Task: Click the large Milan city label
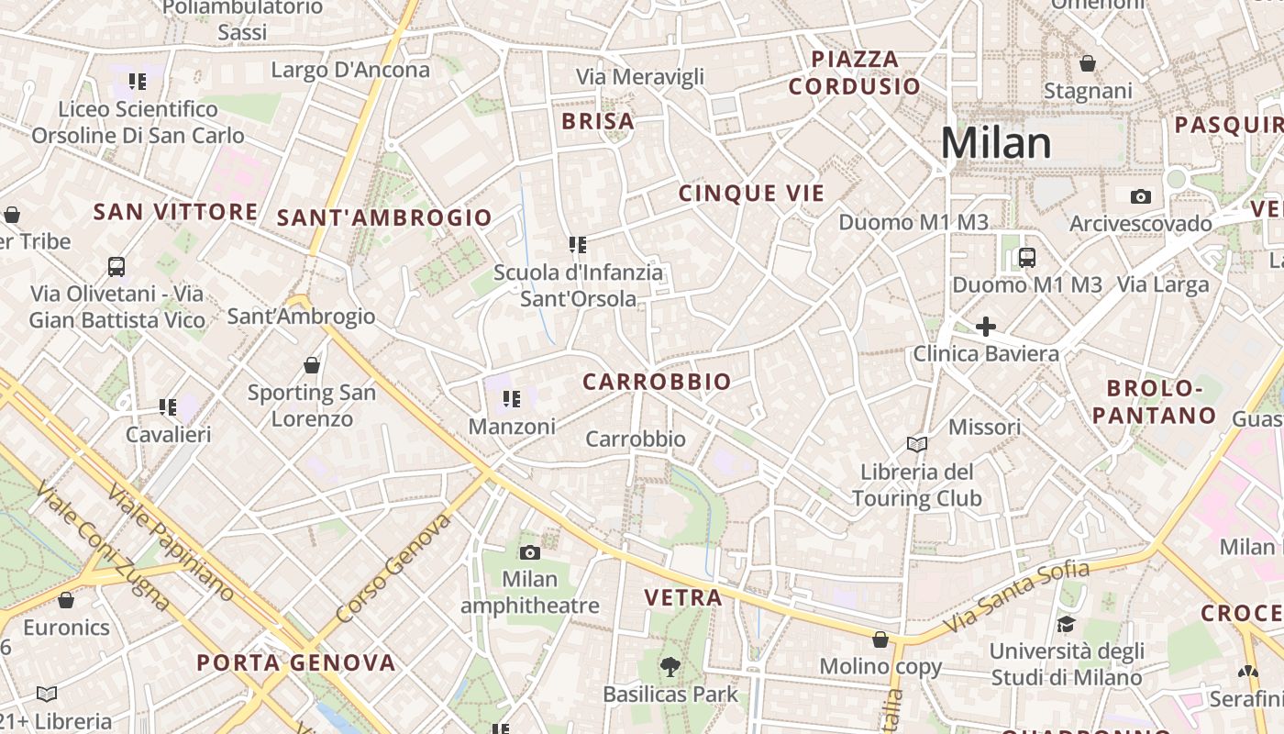pyautogui.click(x=996, y=143)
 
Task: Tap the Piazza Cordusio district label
pyautogui.click(x=855, y=72)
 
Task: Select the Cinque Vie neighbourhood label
pyautogui.click(x=751, y=193)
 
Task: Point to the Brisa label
pyautogui.click(x=598, y=121)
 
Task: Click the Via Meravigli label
pyautogui.click(x=640, y=76)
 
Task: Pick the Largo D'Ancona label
pyautogui.click(x=350, y=70)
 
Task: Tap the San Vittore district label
pyautogui.click(x=176, y=212)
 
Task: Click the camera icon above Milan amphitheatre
pyautogui.click(x=529, y=552)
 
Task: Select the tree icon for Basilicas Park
pyautogui.click(x=670, y=667)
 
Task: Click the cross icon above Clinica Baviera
pyautogui.click(x=986, y=327)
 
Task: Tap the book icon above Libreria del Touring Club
pyautogui.click(x=916, y=444)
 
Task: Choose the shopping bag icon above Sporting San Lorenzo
pyautogui.click(x=312, y=365)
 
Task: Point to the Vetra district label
pyautogui.click(x=683, y=598)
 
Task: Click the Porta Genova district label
pyautogui.click(x=296, y=662)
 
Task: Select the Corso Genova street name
pyautogui.click(x=394, y=569)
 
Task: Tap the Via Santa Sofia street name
pyautogui.click(x=1018, y=595)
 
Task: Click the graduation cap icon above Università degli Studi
pyautogui.click(x=1066, y=625)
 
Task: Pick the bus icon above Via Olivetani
pyautogui.click(x=116, y=267)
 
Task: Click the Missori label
pyautogui.click(x=984, y=427)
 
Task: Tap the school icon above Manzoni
pyautogui.click(x=512, y=399)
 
